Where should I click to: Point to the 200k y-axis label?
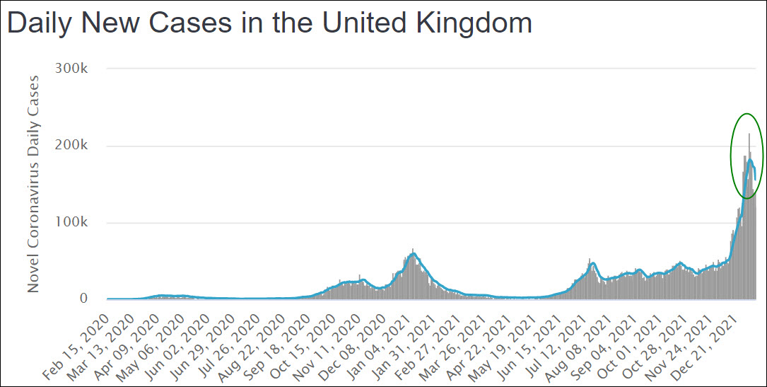[x=73, y=146]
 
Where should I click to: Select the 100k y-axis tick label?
[x=73, y=223]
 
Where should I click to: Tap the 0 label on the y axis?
[x=83, y=299]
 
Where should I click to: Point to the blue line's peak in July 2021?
[x=592, y=263]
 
